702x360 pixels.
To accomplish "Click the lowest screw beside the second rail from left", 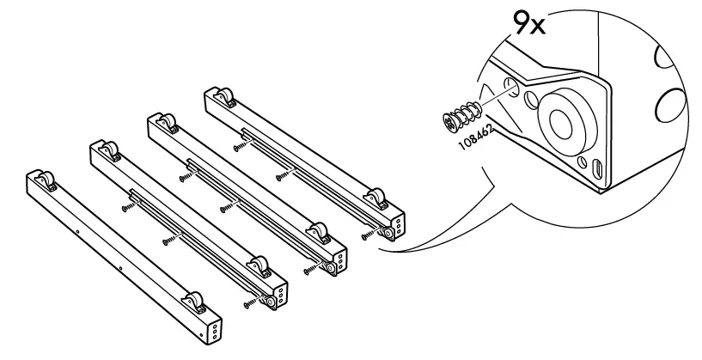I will pyautogui.click(x=251, y=302).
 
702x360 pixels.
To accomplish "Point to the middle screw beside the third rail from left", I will pyautogui.click(x=227, y=207).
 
